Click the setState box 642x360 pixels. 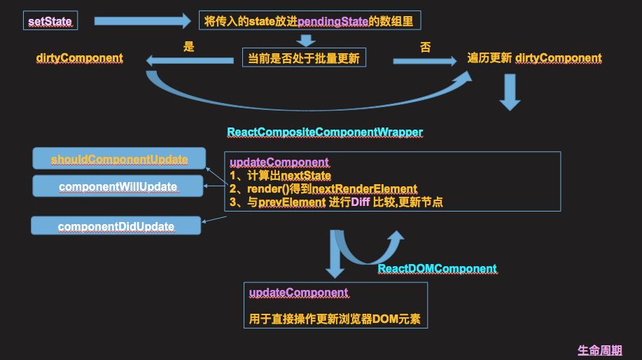pyautogui.click(x=50, y=21)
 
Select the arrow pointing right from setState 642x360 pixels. pyautogui.click(x=142, y=21)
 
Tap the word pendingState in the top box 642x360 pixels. pyautogui.click(x=333, y=22)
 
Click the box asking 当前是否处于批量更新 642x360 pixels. pyautogui.click(x=304, y=59)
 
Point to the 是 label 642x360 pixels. pyautogui.click(x=188, y=48)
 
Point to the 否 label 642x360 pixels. pyautogui.click(x=425, y=48)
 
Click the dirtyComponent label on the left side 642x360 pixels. pyautogui.click(x=79, y=58)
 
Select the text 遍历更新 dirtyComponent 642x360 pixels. pyautogui.click(x=534, y=58)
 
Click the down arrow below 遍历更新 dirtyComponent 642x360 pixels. pyautogui.click(x=510, y=93)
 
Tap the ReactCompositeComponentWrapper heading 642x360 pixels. pyautogui.click(x=325, y=132)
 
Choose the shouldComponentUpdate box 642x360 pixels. pyautogui.click(x=119, y=159)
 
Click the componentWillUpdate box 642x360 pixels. pyautogui.click(x=118, y=186)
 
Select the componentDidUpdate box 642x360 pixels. pyautogui.click(x=116, y=226)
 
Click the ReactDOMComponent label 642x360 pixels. pyautogui.click(x=437, y=268)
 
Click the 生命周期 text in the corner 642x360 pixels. pyautogui.click(x=599, y=350)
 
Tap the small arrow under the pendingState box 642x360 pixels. pyautogui.click(x=306, y=40)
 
